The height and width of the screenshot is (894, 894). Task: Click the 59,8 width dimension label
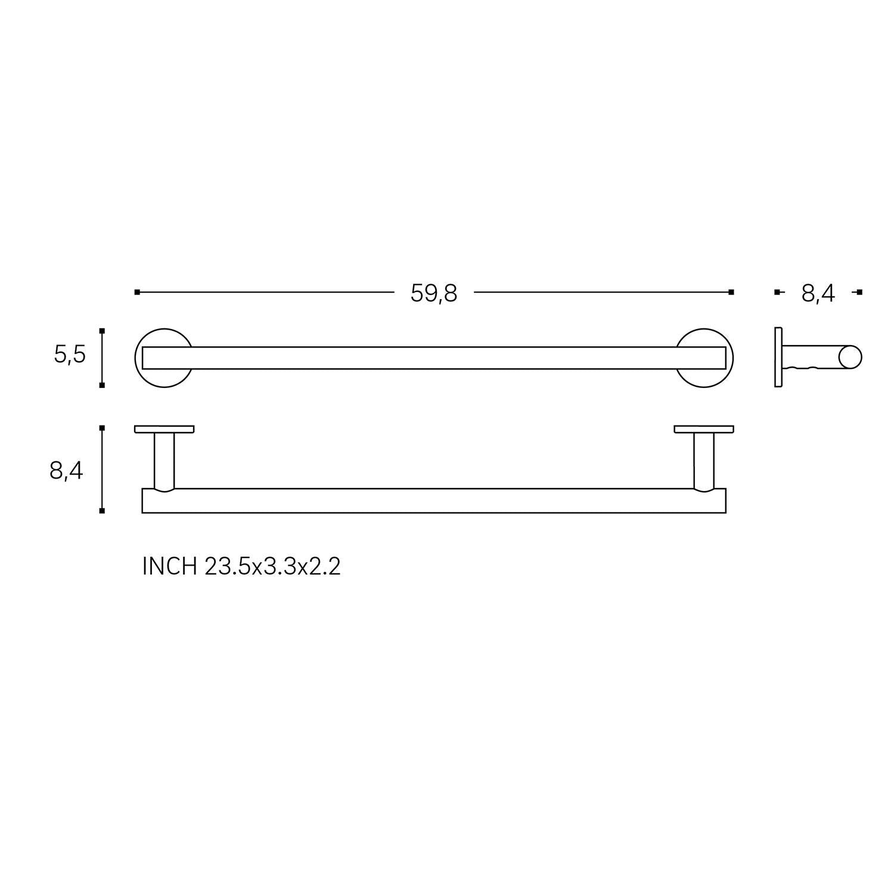pyautogui.click(x=433, y=293)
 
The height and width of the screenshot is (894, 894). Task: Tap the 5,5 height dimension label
pyautogui.click(x=70, y=355)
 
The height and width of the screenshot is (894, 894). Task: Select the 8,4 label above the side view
pyautogui.click(x=818, y=293)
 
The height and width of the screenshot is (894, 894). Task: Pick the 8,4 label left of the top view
pyautogui.click(x=66, y=471)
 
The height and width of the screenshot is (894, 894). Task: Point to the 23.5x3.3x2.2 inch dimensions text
pyautogui.click(x=272, y=566)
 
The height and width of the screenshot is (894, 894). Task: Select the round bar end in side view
pyautogui.click(x=850, y=357)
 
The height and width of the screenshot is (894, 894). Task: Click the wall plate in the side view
pyautogui.click(x=778, y=357)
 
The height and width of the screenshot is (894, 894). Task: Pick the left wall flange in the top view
pyautogui.click(x=164, y=429)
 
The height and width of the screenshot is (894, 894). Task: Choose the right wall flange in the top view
pyautogui.click(x=704, y=429)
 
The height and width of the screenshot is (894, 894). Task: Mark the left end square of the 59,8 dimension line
pyautogui.click(x=137, y=292)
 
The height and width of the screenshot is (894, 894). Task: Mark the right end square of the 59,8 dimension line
pyautogui.click(x=731, y=292)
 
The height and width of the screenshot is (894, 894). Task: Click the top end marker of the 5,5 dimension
pyautogui.click(x=102, y=330)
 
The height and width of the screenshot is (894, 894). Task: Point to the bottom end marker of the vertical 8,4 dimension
pyautogui.click(x=102, y=511)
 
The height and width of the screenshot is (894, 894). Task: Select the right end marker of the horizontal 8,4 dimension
pyautogui.click(x=859, y=292)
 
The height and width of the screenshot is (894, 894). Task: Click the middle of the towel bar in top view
pyautogui.click(x=434, y=501)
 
